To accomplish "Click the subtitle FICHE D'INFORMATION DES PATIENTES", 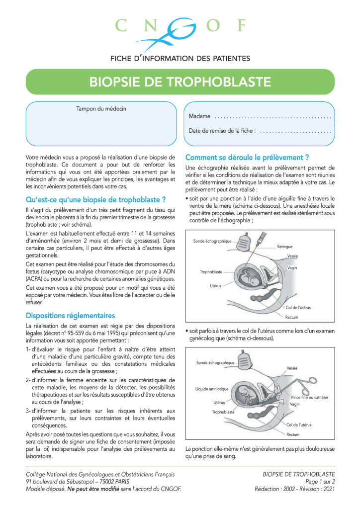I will pyautogui.click(x=180, y=58).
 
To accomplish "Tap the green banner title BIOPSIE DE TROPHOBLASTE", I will pyautogui.click(x=180, y=82).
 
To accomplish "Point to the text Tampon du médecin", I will pyautogui.click(x=101, y=108).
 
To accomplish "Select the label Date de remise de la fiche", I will pyautogui.click(x=222, y=131).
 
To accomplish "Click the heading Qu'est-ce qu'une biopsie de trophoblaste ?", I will pyautogui.click(x=95, y=200).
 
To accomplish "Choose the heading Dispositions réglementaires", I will pyautogui.click(x=70, y=316).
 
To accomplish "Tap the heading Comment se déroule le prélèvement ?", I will pyautogui.click(x=247, y=158).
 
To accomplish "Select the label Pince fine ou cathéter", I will pyautogui.click(x=309, y=397).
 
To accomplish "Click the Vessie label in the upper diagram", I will pyautogui.click(x=293, y=255).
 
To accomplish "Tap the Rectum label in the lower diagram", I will pyautogui.click(x=293, y=434).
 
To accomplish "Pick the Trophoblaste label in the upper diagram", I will pyautogui.click(x=211, y=272).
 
